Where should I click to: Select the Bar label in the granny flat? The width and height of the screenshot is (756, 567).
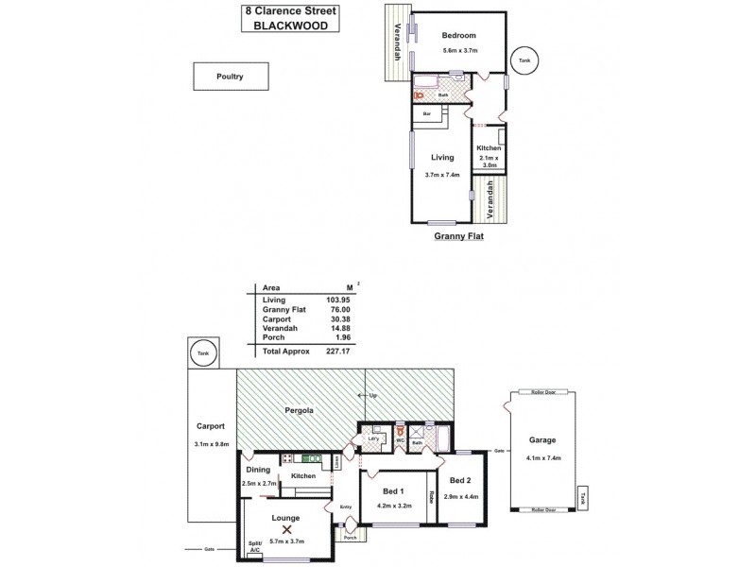(x=427, y=114)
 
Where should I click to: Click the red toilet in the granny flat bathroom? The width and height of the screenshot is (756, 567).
(x=419, y=94)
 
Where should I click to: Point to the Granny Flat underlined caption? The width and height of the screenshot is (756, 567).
(x=458, y=238)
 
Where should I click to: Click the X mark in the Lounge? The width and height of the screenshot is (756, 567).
(x=285, y=530)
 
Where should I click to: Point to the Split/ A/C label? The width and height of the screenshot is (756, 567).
(x=254, y=545)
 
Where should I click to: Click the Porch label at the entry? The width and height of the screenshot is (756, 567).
(x=351, y=551)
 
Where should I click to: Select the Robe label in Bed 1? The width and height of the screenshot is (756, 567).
(x=431, y=495)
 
